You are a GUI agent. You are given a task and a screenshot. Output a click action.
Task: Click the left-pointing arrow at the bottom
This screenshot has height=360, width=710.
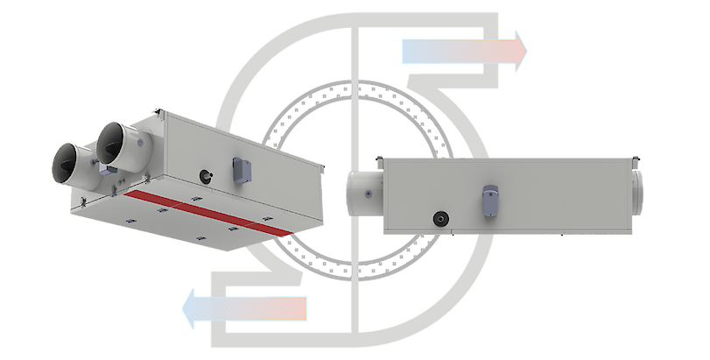click(244, 307)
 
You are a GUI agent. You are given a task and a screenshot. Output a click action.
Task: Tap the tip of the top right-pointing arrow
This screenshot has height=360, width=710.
click(528, 51)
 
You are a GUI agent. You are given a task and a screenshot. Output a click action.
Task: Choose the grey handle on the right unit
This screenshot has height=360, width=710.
click(490, 196)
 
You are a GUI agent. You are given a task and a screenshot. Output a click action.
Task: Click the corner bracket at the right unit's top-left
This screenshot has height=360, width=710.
click(379, 159)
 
